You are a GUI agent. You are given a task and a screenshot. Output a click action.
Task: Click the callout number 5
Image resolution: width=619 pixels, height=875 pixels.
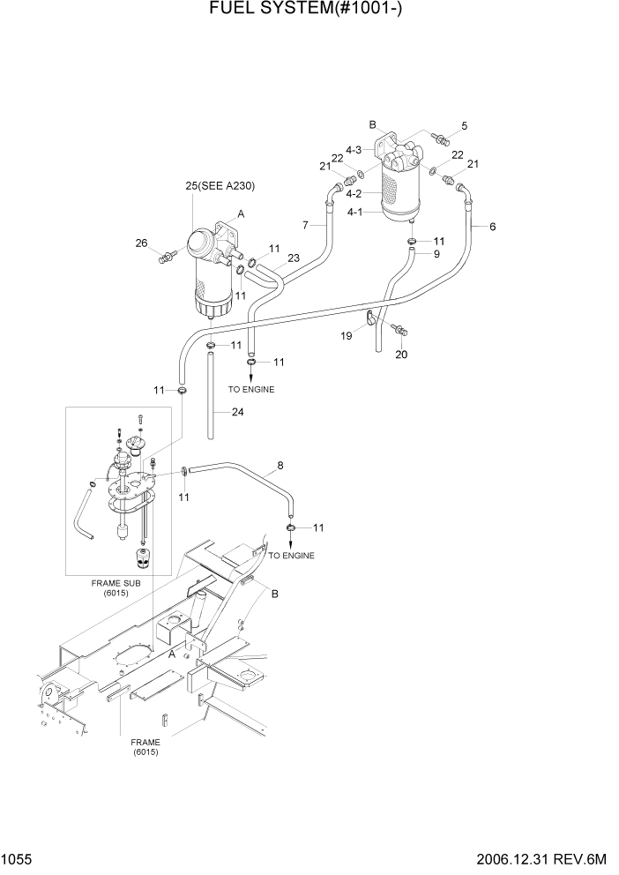tap(464, 125)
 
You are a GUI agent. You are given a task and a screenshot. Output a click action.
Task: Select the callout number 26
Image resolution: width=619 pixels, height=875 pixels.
tap(140, 243)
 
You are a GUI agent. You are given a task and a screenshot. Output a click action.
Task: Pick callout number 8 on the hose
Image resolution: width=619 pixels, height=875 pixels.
tap(280, 465)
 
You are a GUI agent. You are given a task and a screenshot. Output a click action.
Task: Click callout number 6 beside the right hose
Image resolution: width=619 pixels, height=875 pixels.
tap(492, 227)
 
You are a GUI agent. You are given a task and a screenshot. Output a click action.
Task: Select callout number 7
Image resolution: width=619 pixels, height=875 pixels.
tap(305, 226)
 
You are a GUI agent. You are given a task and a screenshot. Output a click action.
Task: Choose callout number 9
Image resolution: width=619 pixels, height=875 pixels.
tap(436, 254)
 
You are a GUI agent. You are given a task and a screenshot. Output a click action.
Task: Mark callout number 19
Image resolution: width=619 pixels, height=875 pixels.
tap(347, 335)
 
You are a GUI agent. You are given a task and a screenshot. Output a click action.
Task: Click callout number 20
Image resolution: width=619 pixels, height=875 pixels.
tap(401, 355)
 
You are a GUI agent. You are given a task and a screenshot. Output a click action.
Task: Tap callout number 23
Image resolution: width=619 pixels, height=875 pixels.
tap(294, 258)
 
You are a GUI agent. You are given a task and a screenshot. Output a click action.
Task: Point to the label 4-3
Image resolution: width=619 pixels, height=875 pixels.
tap(354, 150)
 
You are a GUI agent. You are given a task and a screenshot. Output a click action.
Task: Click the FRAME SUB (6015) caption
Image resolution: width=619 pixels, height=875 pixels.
tap(110, 589)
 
